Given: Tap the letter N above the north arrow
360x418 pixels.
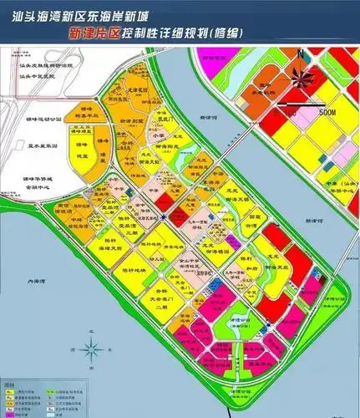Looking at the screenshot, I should coord(306,56).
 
